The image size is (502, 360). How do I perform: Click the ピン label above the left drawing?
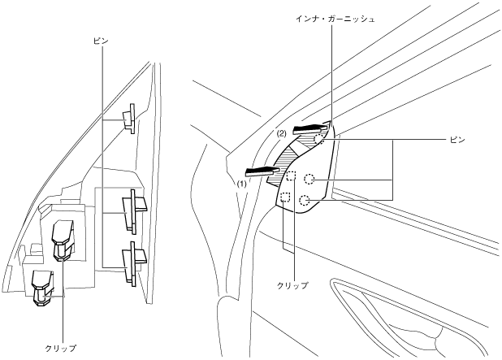coord(101,39)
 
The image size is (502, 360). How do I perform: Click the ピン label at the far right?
coord(457,140)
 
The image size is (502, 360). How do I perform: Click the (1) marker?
coord(240,184)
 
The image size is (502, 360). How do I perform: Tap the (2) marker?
coord(281,133)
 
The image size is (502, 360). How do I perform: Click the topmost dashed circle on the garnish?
coord(320,140)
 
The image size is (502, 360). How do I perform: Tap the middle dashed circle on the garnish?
coord(309,180)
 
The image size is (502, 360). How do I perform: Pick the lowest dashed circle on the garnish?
coord(304,201)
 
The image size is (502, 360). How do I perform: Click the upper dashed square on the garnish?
coord(291,176)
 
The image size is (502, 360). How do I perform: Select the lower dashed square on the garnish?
coord(285,197)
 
